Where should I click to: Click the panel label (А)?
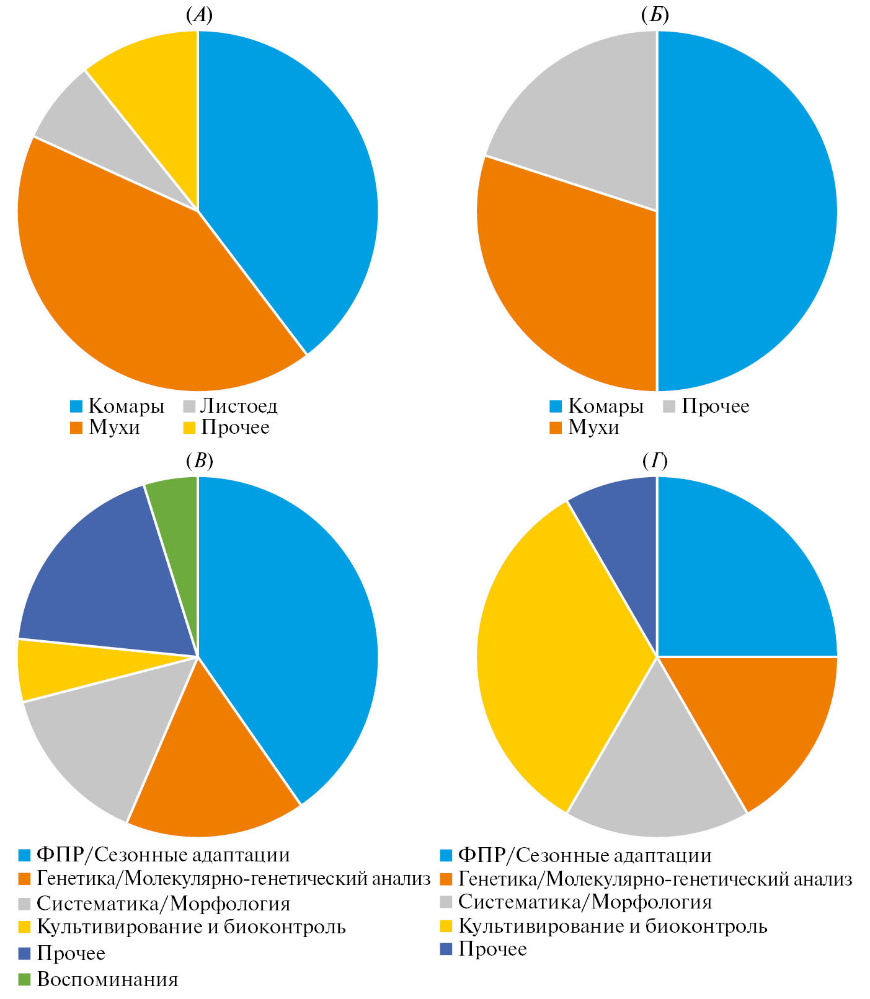(199, 15)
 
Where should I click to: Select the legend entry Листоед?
(239, 407)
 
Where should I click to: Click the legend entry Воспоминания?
(107, 979)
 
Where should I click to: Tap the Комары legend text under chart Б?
(606, 407)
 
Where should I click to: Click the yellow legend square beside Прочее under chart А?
(190, 428)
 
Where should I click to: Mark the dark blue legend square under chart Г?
(446, 949)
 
